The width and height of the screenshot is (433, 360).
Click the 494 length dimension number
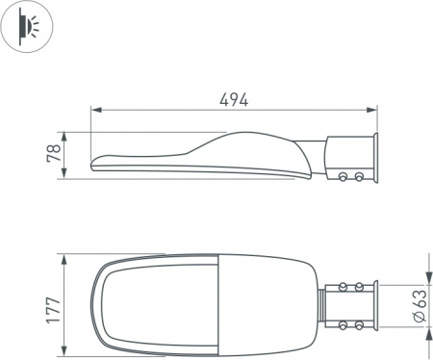234,100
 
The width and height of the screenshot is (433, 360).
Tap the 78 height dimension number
54,153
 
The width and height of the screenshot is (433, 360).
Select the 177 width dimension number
53,310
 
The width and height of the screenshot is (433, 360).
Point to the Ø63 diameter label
420,306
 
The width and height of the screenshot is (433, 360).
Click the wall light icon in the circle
27,26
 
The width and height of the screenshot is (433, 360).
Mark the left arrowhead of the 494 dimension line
96,110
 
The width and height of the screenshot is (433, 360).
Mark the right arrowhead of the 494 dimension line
371,110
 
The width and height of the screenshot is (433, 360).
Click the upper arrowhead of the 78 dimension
64,137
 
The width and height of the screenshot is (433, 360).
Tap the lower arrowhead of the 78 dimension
64,173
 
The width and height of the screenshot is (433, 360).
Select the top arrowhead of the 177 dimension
64,260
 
